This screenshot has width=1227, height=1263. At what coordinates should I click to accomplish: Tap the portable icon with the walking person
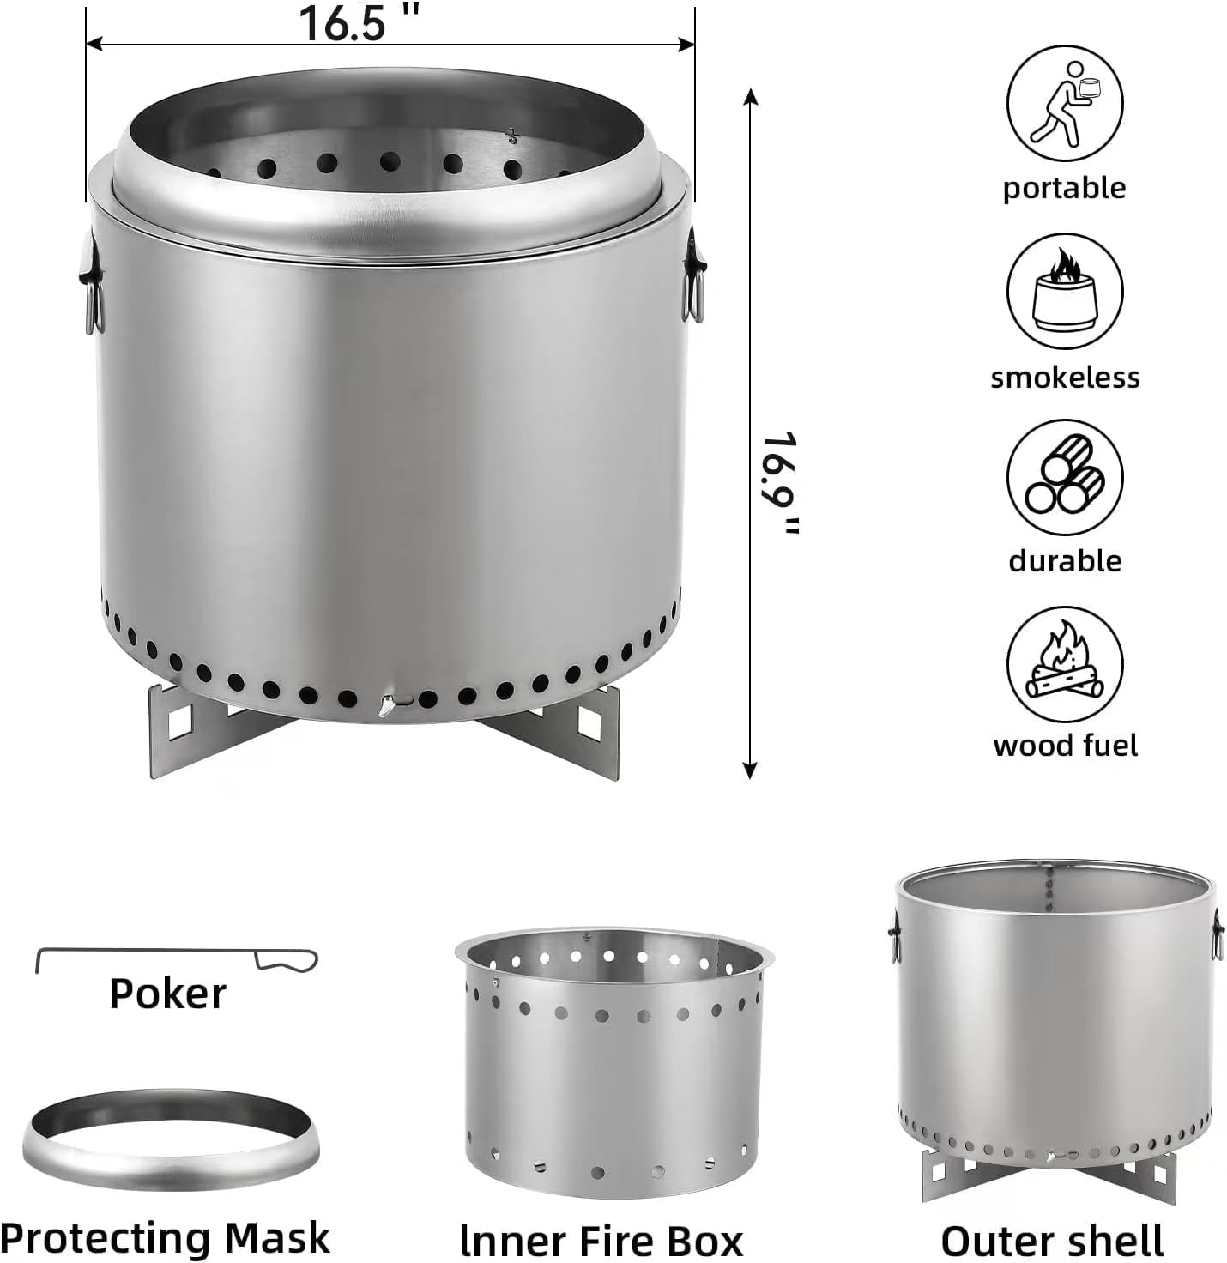click(1064, 106)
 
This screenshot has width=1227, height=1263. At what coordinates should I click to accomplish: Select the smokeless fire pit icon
click(1064, 292)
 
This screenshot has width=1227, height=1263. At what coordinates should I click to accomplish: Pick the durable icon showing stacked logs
click(1064, 478)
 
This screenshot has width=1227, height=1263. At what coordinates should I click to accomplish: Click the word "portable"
click(1064, 188)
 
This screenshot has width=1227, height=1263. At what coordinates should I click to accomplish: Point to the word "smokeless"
click(1065, 378)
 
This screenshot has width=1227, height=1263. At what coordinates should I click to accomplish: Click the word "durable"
click(1065, 561)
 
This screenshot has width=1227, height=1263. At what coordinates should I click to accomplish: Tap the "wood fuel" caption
click(1065, 745)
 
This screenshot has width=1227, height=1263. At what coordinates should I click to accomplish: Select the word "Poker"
click(167, 994)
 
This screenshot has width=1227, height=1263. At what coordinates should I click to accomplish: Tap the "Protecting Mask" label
click(165, 1238)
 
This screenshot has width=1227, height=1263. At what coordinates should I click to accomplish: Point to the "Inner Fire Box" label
click(601, 1241)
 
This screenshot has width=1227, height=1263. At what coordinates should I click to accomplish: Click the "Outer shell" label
click(1052, 1241)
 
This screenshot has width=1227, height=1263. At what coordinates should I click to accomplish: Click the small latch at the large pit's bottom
click(388, 705)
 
